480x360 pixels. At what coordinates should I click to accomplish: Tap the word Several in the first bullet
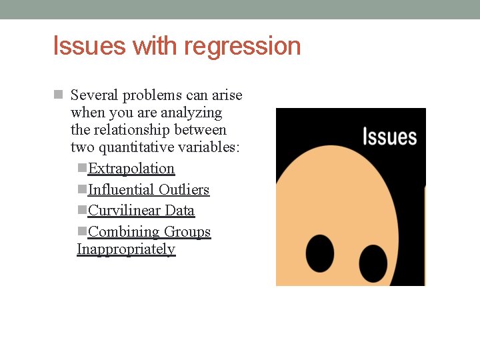93,95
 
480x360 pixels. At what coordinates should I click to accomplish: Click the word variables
211,147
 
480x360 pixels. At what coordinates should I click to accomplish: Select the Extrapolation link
131,169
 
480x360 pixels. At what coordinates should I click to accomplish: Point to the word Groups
187,232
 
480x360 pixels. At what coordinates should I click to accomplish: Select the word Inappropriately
126,249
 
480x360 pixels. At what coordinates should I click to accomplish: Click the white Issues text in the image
389,137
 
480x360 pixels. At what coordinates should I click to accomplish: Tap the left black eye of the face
320,253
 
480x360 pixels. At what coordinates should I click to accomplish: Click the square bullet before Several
58,95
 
